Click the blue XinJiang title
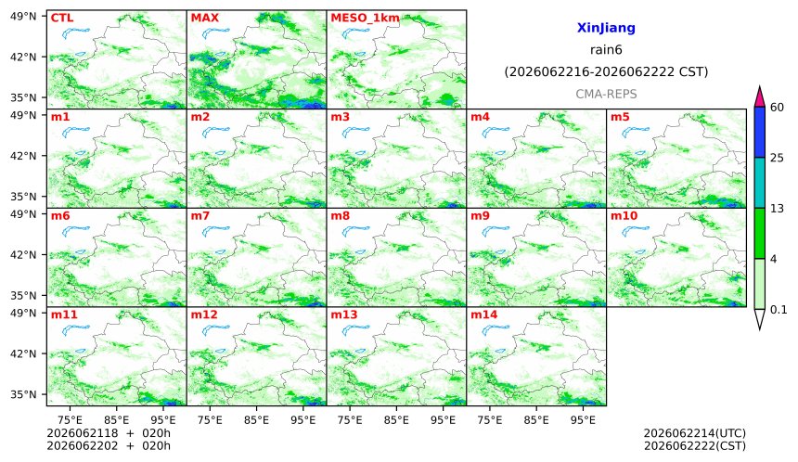click(606, 28)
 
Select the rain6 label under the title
click(606, 50)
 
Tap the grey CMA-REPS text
click(606, 94)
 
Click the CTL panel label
click(62, 18)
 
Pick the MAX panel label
click(204, 18)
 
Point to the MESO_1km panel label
click(365, 19)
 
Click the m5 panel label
click(620, 117)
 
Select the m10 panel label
click(624, 216)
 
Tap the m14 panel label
click(484, 314)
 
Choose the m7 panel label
click(200, 216)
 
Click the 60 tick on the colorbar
click(777, 108)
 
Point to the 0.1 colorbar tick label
click(779, 309)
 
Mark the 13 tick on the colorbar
click(777, 209)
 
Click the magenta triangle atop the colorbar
click(759, 96)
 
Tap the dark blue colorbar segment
click(759, 133)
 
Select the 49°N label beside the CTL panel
click(23, 17)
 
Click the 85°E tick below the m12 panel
click(256, 420)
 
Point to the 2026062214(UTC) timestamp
click(695, 433)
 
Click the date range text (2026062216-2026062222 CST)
click(606, 71)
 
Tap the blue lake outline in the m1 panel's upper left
click(75, 133)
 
